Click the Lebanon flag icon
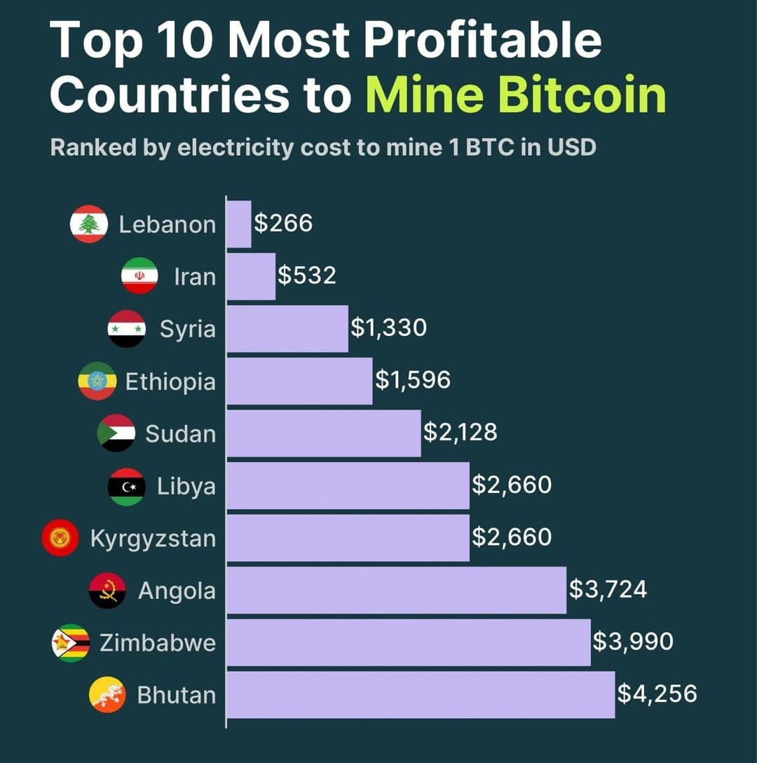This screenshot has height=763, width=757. tap(89, 224)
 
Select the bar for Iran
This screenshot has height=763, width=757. tap(251, 276)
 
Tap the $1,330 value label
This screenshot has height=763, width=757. tap(388, 328)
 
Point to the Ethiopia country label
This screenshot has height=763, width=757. tap(170, 381)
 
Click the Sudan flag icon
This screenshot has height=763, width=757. tap(116, 433)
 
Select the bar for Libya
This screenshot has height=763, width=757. tap(348, 485)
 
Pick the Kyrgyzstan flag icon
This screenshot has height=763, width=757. tap(60, 539)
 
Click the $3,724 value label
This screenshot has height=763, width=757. tap(607, 589)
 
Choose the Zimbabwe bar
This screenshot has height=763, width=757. tap(408, 642)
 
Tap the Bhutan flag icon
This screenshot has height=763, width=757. tap(107, 695)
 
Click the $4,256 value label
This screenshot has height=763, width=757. tap(657, 694)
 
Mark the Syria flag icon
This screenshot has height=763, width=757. tap(127, 329)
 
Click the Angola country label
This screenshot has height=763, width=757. tap(177, 590)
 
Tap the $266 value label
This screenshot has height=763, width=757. tap(282, 224)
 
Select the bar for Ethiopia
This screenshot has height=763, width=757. tap(299, 381)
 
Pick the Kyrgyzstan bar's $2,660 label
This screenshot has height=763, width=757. tap(512, 537)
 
